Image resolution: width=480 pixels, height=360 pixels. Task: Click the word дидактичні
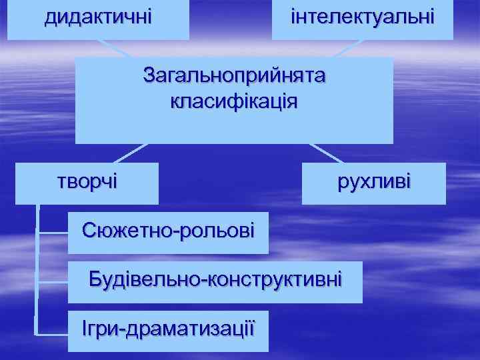[98, 15]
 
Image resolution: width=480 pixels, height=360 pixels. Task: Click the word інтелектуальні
[363, 15]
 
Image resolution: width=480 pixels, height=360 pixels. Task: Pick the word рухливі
[374, 181]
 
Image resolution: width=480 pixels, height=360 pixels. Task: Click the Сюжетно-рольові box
[168, 233]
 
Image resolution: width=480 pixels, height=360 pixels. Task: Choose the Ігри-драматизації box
[168, 330]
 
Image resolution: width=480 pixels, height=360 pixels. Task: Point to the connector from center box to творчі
[131, 153]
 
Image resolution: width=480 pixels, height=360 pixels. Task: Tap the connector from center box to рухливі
[327, 153]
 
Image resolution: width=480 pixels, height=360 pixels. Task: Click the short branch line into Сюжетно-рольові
[53, 233]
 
